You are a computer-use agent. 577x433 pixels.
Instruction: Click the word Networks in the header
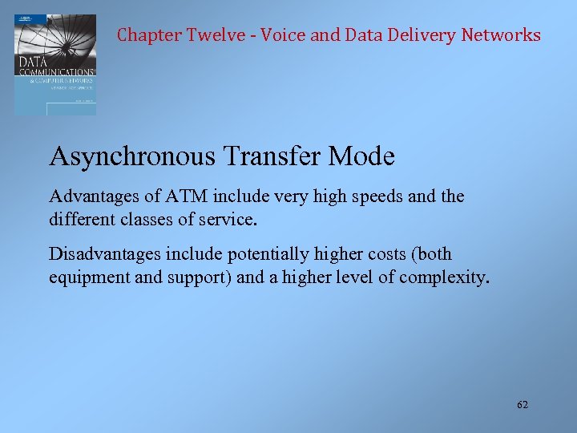(x=501, y=35)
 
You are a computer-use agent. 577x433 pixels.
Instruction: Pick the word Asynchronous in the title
(x=132, y=156)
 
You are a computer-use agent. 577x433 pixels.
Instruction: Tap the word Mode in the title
(x=361, y=156)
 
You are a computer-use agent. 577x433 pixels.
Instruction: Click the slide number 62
(x=523, y=405)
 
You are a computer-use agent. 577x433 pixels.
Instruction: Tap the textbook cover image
(x=55, y=64)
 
